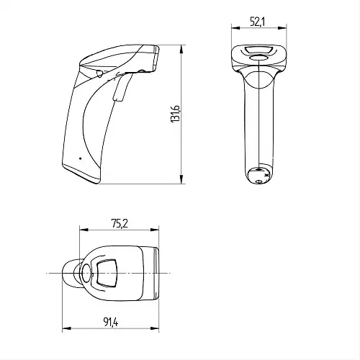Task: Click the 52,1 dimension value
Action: pyautogui.click(x=257, y=22)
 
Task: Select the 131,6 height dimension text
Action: pyautogui.click(x=175, y=114)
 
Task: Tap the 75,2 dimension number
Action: pyautogui.click(x=120, y=224)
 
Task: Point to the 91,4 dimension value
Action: pyautogui.click(x=111, y=322)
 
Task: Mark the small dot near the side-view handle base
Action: pyautogui.click(x=80, y=158)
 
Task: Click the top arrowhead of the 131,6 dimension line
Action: pyautogui.click(x=181, y=50)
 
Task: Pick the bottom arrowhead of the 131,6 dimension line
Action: pyautogui.click(x=181, y=179)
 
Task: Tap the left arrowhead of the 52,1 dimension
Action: pyautogui.click(x=236, y=28)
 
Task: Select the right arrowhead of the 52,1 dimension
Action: pyautogui.click(x=282, y=28)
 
